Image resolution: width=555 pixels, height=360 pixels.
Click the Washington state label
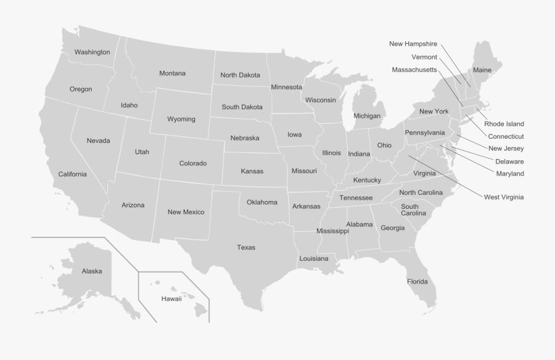(92, 52)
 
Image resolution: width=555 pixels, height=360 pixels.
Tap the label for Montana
(172, 73)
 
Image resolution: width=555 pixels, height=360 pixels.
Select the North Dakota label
(240, 75)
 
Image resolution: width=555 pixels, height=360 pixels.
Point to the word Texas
(246, 248)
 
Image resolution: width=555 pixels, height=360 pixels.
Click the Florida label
(417, 282)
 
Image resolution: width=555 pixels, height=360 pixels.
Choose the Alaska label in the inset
(92, 271)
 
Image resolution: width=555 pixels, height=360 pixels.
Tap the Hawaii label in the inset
(171, 299)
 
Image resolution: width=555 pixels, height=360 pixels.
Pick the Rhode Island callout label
(504, 124)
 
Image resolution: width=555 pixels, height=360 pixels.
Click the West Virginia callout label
(504, 197)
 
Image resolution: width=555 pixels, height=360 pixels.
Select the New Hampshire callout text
(413, 44)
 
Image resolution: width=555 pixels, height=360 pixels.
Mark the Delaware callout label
(509, 162)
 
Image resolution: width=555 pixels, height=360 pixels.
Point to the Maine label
(482, 70)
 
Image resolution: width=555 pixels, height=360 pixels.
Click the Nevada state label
(98, 141)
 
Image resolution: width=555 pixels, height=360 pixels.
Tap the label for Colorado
(192, 163)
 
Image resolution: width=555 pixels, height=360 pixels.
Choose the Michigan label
(367, 116)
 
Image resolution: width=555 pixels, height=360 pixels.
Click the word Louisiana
(314, 259)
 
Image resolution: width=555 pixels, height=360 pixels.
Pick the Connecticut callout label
(506, 136)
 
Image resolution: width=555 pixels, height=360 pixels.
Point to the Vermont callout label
(424, 57)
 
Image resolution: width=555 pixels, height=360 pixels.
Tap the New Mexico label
(186, 212)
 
